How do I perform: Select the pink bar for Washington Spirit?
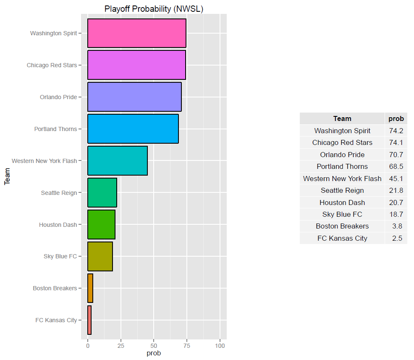136,33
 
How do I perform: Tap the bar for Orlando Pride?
134,97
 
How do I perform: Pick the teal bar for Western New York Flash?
118,161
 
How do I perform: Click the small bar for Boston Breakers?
90,288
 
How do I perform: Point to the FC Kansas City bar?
89,320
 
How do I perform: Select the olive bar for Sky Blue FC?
100,256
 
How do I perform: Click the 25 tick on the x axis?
121,346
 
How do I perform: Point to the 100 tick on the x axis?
220,346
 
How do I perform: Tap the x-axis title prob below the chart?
153,353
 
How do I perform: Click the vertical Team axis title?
7,177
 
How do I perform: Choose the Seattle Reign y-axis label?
59,193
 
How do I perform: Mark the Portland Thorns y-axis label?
56,129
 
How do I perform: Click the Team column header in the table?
342,119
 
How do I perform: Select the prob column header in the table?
396,119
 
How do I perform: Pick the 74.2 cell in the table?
396,131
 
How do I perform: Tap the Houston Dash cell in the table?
342,202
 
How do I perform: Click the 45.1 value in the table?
396,179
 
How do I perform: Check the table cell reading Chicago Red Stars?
342,142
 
